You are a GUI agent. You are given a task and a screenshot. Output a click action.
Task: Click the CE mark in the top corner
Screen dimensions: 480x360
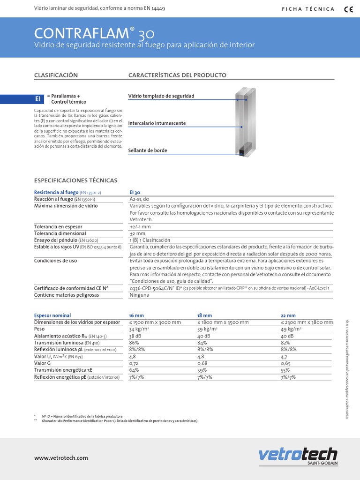coord(348,8)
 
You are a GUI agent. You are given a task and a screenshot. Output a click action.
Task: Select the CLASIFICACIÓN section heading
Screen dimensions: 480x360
coord(56,75)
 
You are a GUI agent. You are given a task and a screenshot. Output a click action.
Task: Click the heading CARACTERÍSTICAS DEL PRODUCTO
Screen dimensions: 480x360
coord(177,75)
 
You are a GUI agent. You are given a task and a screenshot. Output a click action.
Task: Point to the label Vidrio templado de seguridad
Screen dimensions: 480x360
coord(161,96)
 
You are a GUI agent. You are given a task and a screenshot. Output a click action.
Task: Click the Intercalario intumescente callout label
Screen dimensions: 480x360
coord(157,123)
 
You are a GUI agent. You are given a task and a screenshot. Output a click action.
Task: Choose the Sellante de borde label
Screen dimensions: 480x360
coord(148,150)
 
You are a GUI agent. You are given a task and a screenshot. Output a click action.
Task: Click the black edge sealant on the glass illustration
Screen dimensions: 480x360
coord(243,151)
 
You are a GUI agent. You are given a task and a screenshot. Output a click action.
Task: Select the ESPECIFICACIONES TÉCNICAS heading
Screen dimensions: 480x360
coord(76,180)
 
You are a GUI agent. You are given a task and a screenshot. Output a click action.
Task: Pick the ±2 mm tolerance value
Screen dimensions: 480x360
coord(137,233)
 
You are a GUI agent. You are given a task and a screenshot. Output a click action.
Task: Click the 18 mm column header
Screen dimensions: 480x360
coord(204,315)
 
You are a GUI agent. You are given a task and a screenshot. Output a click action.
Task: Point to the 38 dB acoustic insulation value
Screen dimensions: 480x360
coord(135,336)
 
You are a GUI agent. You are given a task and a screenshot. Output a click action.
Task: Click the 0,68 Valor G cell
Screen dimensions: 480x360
coord(202,363)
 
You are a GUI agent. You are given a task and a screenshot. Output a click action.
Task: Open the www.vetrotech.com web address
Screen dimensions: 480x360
coord(61,458)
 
